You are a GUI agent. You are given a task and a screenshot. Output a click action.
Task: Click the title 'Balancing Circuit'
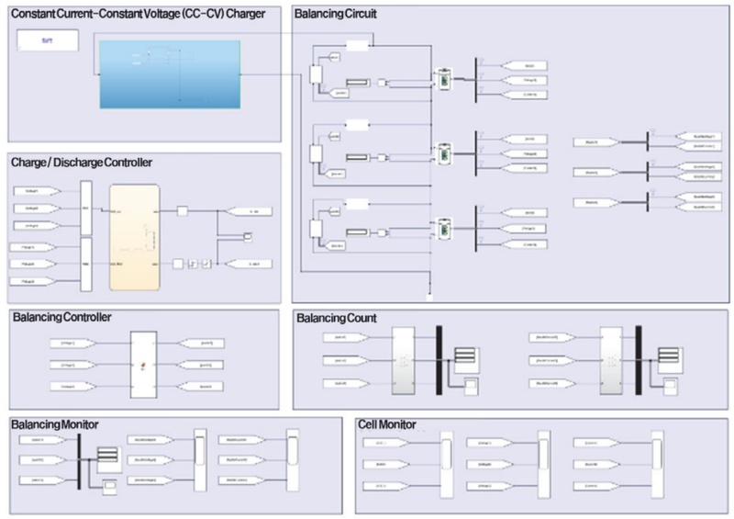335,15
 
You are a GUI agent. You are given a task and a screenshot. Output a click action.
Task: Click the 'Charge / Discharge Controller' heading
82,163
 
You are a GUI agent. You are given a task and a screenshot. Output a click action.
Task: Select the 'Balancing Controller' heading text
61,318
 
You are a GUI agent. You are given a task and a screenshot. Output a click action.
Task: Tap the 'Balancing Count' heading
336,318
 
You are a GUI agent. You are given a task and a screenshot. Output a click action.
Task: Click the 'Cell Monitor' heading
388,424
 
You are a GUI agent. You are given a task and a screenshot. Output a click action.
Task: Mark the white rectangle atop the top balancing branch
357,45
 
